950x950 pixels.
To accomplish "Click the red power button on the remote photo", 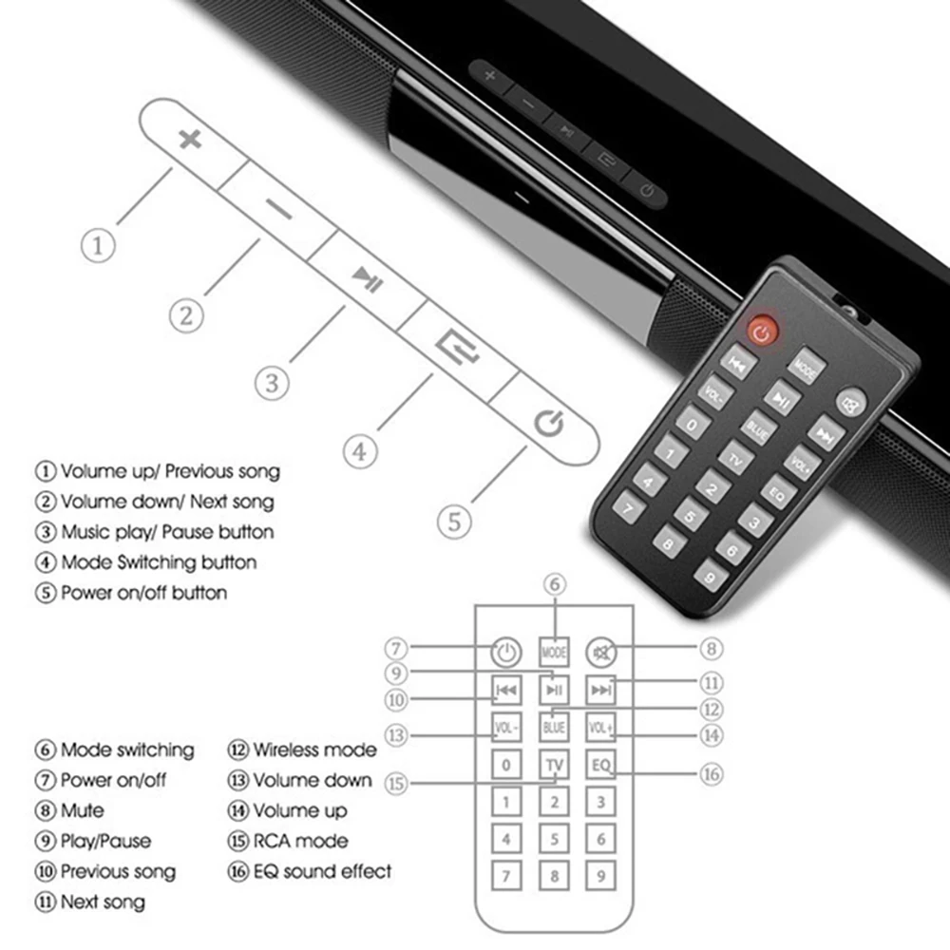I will pos(763,331).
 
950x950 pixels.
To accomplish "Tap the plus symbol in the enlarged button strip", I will pos(191,140).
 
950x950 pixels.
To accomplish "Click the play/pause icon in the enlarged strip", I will pos(367,279).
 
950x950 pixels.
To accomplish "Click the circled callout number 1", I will pos(98,246).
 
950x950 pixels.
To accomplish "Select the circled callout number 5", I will pos(454,521).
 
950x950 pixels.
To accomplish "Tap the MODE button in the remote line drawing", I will pos(554,653).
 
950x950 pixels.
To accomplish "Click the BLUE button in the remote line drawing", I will pos(554,728).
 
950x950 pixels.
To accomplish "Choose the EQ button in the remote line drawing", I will pos(600,765).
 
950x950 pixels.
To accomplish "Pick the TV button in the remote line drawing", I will pos(554,765).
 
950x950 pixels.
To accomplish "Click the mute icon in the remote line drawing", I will pos(600,653).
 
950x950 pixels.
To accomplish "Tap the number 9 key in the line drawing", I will pos(600,876).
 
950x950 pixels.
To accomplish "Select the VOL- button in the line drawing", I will pos(506,728).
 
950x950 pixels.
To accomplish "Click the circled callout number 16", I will pos(712,774).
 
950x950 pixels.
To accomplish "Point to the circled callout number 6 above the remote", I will pos(555,585).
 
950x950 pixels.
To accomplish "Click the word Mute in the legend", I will pos(83,810).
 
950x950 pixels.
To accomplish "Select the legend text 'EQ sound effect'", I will pos(322,870).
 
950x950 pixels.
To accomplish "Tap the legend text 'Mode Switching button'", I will pos(159,562).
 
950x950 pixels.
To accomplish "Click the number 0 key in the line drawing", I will pos(506,765).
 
